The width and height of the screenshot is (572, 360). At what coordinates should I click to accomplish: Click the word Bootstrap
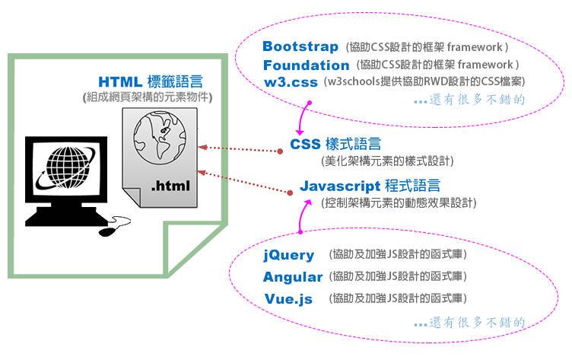point(300,47)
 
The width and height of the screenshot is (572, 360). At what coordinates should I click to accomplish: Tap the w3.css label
point(291,82)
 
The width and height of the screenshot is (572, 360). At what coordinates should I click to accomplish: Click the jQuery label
point(288,255)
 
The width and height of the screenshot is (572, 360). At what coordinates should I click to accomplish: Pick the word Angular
point(294,277)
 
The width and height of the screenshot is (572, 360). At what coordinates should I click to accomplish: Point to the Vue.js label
point(288,298)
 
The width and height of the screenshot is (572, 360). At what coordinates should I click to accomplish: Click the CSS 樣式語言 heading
point(335,145)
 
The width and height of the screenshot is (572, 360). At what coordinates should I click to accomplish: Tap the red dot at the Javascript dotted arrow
point(290,193)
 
